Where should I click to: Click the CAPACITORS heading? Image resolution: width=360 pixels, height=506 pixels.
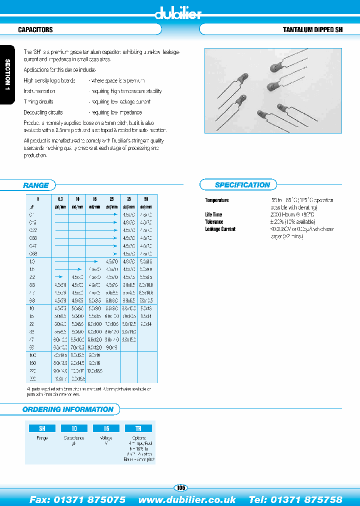[x=35, y=30]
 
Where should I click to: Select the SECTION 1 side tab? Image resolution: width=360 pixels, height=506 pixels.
[x=7, y=75]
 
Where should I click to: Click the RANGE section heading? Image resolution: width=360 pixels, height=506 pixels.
[x=36, y=185]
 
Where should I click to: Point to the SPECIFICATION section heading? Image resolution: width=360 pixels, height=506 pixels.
[x=242, y=185]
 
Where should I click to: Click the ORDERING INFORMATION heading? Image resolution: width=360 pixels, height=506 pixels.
[x=68, y=409]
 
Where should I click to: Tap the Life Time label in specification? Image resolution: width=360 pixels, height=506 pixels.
[x=214, y=214]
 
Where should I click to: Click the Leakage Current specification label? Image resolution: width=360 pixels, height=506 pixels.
[x=220, y=229]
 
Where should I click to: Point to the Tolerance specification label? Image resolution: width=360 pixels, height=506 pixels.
[x=214, y=221]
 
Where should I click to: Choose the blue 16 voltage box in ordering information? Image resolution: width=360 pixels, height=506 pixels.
[x=106, y=428]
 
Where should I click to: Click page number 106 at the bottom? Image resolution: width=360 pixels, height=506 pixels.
[x=180, y=488]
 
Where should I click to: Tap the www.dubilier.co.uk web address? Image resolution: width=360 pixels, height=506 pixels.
[x=187, y=499]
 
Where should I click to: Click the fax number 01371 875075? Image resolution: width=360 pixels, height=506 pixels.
[x=77, y=499]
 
